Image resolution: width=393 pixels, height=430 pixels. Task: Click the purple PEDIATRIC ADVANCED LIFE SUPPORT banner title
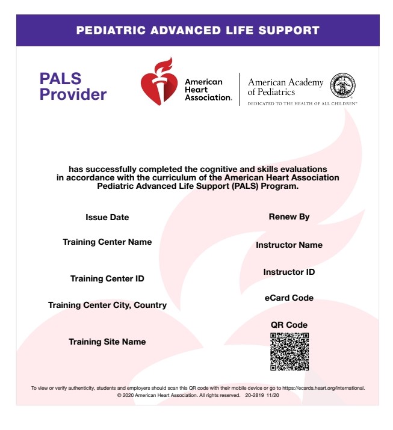[197, 31]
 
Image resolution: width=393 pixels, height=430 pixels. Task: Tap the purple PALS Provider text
[73, 87]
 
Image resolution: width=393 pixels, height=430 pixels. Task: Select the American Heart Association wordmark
[207, 90]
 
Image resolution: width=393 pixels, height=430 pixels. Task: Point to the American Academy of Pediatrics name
[285, 87]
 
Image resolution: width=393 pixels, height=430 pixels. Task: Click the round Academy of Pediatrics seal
[344, 84]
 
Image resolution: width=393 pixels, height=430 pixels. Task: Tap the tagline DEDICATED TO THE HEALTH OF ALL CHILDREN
[302, 103]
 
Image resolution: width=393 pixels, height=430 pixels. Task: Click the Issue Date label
[107, 217]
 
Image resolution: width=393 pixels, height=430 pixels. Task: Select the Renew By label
[289, 217]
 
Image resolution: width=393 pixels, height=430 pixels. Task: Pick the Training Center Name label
[107, 242]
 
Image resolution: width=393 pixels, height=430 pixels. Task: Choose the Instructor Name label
[289, 245]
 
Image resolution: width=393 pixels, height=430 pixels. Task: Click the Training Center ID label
[107, 278]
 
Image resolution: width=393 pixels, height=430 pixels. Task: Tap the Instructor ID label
[289, 272]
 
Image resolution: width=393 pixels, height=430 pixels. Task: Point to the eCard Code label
[289, 298]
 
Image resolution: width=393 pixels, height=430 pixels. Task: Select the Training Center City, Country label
[107, 305]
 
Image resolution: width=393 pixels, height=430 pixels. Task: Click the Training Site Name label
[107, 342]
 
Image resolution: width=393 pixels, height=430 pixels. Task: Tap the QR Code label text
[289, 325]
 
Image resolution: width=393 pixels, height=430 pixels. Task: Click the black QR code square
[289, 351]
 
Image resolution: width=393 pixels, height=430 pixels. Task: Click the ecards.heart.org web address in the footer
[323, 389]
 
